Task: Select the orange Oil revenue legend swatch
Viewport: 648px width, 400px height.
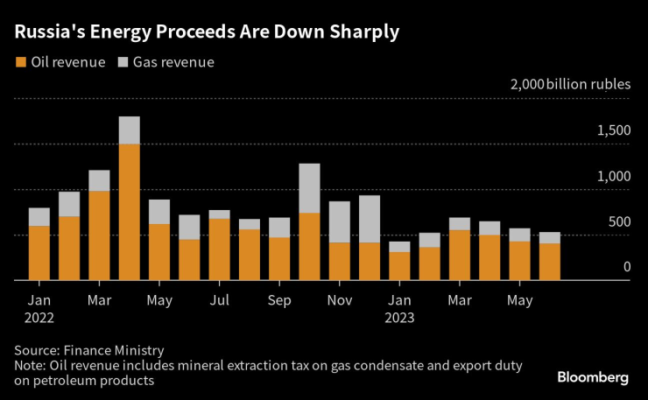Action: (x=20, y=62)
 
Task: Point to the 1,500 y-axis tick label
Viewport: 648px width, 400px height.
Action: (x=613, y=130)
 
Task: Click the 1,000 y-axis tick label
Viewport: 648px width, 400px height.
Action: (x=613, y=176)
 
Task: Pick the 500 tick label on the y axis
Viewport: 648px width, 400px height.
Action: (x=619, y=221)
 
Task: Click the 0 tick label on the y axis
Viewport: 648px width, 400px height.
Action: (x=627, y=267)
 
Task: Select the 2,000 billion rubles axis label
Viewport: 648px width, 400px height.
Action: (x=570, y=85)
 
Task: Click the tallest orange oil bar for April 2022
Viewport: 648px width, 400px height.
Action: (x=130, y=212)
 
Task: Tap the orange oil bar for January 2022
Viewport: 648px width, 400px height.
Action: (x=39, y=253)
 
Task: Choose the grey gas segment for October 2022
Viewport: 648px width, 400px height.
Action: (x=309, y=188)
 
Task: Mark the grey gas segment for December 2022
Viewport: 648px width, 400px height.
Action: (x=370, y=219)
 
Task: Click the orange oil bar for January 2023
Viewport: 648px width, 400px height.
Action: (x=399, y=266)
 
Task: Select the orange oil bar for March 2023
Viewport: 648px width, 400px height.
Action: (x=460, y=255)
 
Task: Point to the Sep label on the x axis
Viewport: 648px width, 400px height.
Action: (x=279, y=300)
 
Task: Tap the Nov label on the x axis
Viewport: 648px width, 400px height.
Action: (x=340, y=300)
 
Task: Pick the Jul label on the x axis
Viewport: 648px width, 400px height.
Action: (x=219, y=300)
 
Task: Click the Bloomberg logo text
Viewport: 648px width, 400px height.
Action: (x=593, y=378)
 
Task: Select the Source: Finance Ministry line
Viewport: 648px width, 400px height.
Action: (x=88, y=350)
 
